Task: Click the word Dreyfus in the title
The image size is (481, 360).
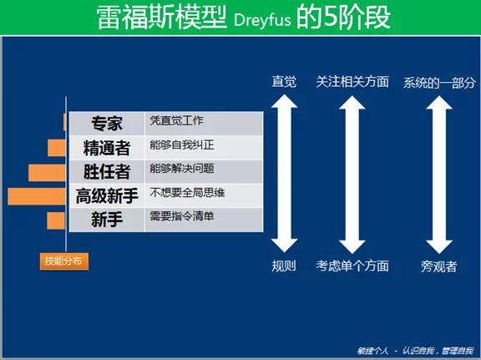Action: (262, 20)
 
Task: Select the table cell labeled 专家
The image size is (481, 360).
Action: (107, 124)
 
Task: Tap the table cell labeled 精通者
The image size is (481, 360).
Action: (107, 148)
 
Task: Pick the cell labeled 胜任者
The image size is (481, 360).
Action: (107, 171)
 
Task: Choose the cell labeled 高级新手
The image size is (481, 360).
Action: (107, 195)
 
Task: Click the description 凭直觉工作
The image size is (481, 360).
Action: (176, 120)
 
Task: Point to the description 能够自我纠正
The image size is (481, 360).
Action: (182, 145)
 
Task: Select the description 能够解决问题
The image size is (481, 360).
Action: (182, 169)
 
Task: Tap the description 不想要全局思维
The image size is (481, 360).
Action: (187, 192)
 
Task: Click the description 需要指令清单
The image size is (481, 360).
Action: (182, 216)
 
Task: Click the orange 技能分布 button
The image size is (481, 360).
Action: (64, 261)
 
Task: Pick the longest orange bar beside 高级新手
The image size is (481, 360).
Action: (37, 196)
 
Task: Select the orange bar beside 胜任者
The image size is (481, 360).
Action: (47, 172)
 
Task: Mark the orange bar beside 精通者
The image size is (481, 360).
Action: (57, 148)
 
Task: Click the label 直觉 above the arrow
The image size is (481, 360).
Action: (284, 82)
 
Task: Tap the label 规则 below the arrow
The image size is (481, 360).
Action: (284, 266)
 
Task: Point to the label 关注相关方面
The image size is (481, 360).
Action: (352, 82)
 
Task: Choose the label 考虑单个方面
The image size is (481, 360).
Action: (352, 266)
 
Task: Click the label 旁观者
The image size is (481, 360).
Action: (439, 266)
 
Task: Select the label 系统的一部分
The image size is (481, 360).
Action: (439, 83)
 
